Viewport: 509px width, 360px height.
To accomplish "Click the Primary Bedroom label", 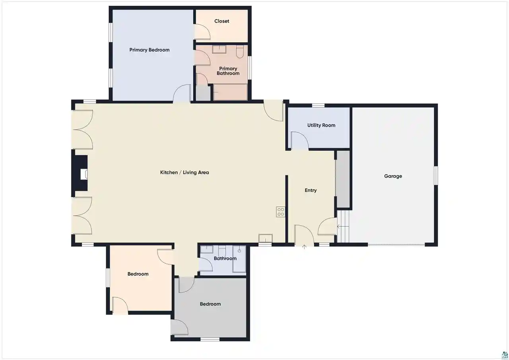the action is [149, 50].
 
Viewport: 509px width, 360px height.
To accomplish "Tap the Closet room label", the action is [221, 21].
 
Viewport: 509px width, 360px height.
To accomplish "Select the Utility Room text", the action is [321, 125].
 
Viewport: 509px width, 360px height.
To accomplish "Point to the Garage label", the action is [393, 176].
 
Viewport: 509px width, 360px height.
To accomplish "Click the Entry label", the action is [311, 191].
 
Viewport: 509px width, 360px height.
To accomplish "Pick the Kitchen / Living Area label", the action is [184, 173].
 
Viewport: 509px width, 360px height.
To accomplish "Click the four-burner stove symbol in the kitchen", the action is [280, 212].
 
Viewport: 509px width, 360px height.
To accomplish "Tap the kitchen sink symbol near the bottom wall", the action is [265, 238].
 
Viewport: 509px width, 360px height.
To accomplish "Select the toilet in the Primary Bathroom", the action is [240, 52].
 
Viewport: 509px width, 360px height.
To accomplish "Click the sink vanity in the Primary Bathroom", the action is [219, 49].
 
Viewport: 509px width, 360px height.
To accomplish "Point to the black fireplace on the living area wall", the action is [80, 173].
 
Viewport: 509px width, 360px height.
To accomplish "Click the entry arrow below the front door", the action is [304, 247].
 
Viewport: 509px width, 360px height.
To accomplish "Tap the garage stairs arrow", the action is [343, 226].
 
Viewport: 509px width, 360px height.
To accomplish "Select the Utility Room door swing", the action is [299, 140].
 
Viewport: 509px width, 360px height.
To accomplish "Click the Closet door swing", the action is [202, 32].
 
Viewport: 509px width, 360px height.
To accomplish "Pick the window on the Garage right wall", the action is [436, 175].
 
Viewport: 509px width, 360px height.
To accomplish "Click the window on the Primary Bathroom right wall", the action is [249, 68].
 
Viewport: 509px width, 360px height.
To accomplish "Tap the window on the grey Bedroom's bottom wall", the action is [210, 339].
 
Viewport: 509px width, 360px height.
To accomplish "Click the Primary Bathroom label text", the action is [228, 71].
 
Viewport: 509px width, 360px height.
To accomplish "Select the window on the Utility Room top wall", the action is [318, 105].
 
